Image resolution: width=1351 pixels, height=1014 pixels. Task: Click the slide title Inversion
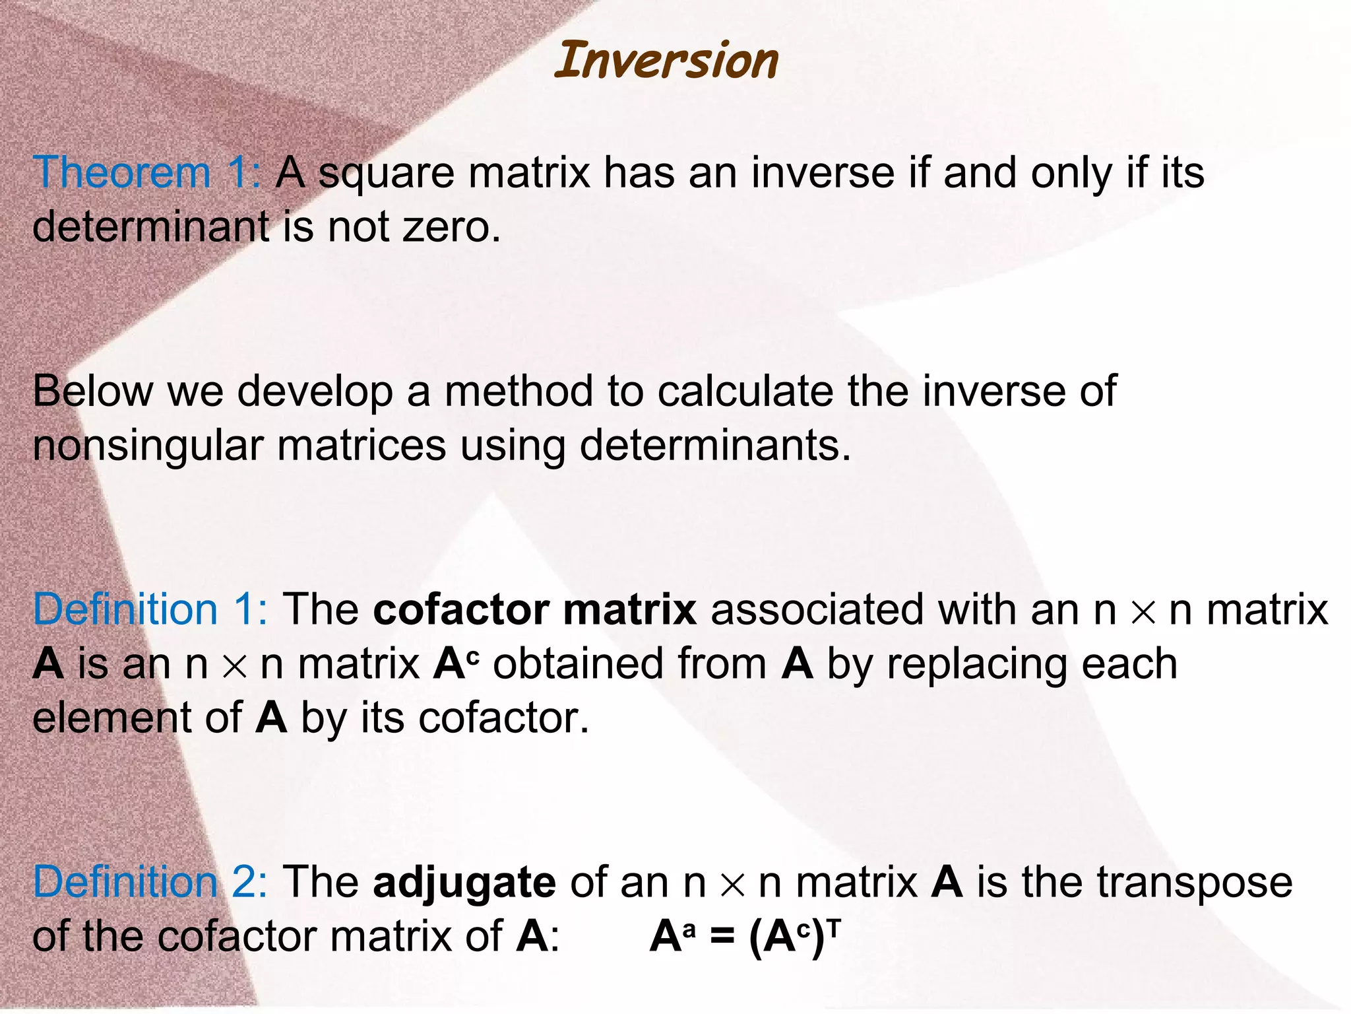pyautogui.click(x=666, y=61)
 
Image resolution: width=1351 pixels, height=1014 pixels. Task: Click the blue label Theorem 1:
pyautogui.click(x=146, y=173)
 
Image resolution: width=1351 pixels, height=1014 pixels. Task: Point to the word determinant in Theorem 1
pyautogui.click(x=150, y=226)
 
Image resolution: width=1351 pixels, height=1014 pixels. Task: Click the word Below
pyautogui.click(x=92, y=391)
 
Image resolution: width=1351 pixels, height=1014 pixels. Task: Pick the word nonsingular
pyautogui.click(x=148, y=446)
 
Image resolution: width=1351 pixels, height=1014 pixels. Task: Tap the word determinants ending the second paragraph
pyautogui.click(x=714, y=446)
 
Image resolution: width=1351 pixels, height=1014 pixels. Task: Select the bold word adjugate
pyautogui.click(x=464, y=883)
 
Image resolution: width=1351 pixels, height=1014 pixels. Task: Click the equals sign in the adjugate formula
pyautogui.click(x=722, y=937)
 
